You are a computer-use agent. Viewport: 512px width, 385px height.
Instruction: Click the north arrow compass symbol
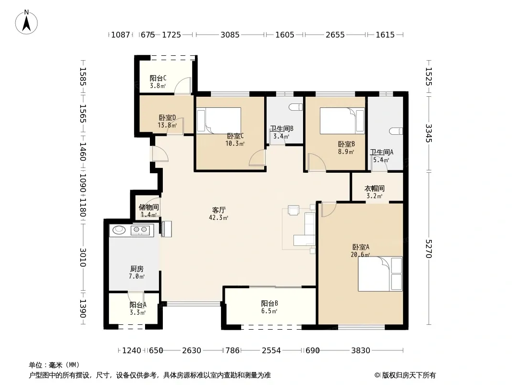coord(26,22)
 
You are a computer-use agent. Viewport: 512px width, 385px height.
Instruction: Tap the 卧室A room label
coord(361,247)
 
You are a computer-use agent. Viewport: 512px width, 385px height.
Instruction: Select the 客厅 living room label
coord(219,210)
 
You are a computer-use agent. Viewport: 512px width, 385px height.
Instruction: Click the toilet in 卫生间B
coord(296,107)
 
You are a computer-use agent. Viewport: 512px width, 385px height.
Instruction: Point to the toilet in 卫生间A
coord(396,131)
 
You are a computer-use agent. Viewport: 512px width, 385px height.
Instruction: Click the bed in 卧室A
coord(380,274)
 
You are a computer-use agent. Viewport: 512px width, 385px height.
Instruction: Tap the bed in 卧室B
coord(342,120)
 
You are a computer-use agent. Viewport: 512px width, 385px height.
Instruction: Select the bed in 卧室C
coord(219,120)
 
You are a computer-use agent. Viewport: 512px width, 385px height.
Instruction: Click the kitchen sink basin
coord(119,230)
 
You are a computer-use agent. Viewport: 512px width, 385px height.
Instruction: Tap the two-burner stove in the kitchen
coord(140,231)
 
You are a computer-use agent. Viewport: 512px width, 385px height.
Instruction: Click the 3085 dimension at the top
coord(230,35)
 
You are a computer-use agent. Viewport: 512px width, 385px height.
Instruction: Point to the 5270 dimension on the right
coord(428,249)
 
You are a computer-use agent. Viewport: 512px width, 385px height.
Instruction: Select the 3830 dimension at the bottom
coord(361,350)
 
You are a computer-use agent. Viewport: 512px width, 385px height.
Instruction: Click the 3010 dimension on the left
coord(83,257)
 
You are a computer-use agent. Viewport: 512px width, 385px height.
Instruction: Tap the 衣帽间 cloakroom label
coord(374,189)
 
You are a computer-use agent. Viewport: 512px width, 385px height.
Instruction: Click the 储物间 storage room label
coord(149,207)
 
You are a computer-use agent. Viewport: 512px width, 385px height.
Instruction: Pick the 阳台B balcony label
coord(269,303)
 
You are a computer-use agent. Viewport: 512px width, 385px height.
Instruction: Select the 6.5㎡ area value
coord(269,311)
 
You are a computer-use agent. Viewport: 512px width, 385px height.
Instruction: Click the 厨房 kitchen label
coord(136,269)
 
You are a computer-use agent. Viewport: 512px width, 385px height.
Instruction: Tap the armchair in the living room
coord(293,210)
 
